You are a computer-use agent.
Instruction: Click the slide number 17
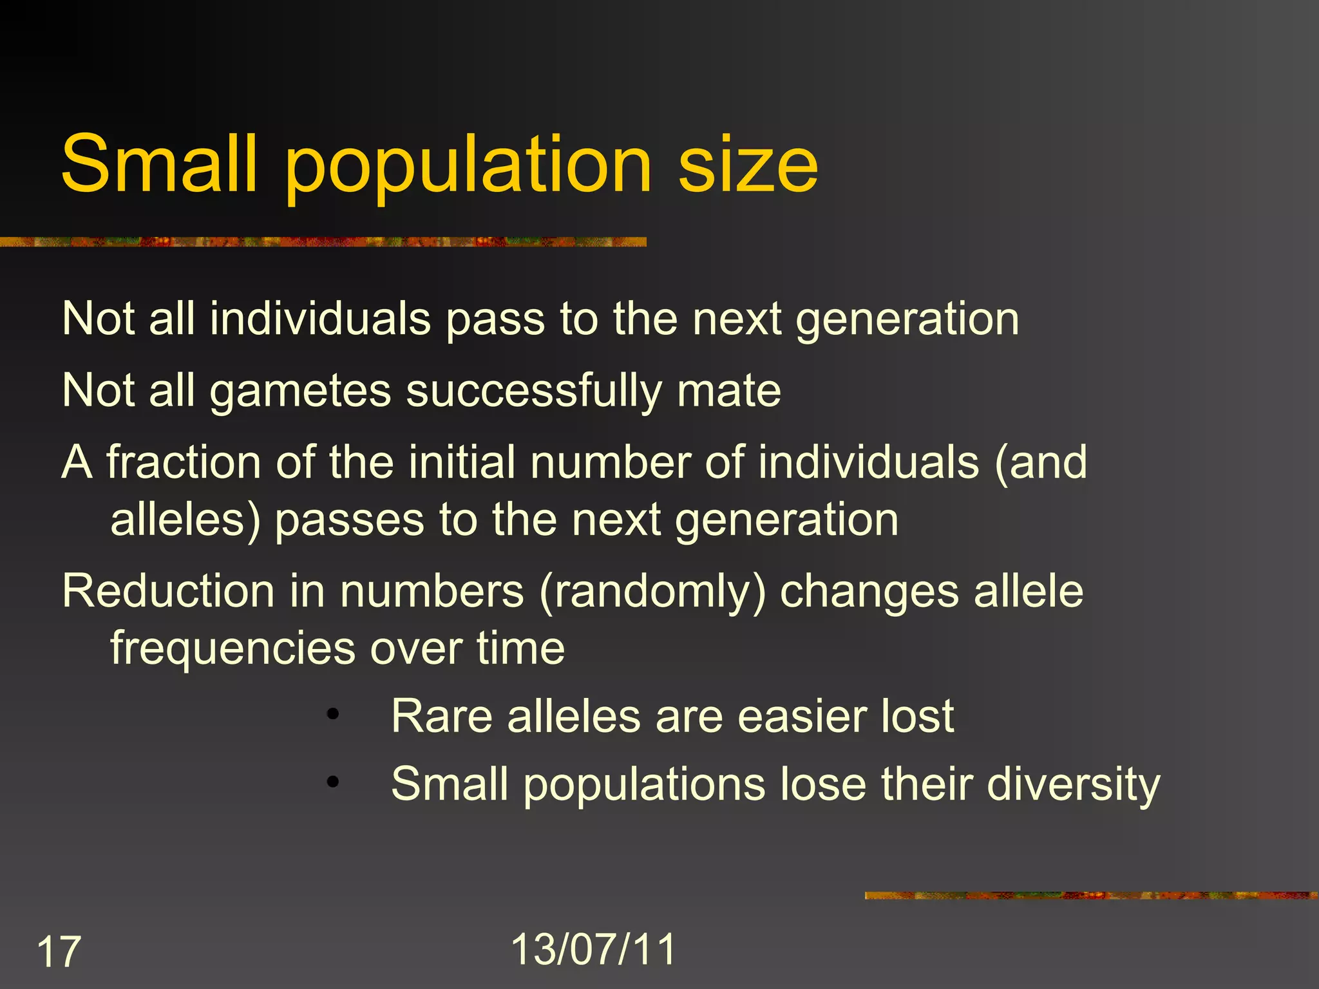point(59,952)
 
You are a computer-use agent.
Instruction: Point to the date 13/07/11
point(593,949)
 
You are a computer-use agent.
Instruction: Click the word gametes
point(301,391)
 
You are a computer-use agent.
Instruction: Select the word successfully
point(534,391)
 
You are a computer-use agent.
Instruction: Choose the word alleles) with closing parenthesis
point(185,520)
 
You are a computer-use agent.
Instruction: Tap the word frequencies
point(232,648)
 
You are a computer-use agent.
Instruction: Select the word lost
point(917,716)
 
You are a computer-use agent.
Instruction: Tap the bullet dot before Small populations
point(332,782)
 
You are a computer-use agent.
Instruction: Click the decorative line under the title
point(322,242)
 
